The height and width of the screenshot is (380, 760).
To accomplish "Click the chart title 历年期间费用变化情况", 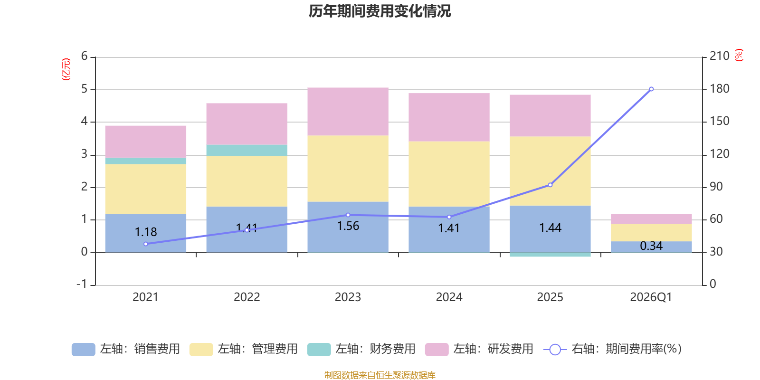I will [x=380, y=11].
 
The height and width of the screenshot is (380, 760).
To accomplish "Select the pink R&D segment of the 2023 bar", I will [x=348, y=112].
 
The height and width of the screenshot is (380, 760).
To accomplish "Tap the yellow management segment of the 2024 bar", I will [x=449, y=174].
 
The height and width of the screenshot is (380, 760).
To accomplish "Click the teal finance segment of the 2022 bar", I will [x=247, y=150].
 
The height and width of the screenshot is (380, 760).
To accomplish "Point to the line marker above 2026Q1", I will [x=651, y=89].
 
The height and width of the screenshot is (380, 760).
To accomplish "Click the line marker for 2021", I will [x=145, y=244].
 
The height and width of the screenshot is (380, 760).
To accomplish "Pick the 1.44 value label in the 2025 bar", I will [x=550, y=228].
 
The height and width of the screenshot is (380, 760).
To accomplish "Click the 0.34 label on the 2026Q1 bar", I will [x=651, y=246].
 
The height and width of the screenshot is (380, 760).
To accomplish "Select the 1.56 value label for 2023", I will [x=348, y=226].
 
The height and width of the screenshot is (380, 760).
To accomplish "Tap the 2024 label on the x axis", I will [x=449, y=297].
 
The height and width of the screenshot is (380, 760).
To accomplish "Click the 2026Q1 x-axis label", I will [x=651, y=297].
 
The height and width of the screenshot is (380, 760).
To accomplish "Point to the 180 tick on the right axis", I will [x=719, y=89].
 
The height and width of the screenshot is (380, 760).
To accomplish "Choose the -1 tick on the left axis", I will [x=82, y=284].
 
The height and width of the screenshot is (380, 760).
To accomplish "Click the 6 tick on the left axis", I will [x=85, y=56].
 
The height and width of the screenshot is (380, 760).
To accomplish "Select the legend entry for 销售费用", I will [x=126, y=349].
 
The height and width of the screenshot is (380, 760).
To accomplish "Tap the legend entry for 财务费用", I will [x=361, y=349].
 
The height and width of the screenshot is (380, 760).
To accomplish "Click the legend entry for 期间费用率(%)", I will [x=613, y=349].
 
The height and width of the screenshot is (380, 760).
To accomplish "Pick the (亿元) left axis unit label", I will [x=66, y=69].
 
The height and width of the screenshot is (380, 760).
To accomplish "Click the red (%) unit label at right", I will [x=739, y=55].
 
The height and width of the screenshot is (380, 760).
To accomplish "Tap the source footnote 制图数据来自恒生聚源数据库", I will [x=380, y=375].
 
